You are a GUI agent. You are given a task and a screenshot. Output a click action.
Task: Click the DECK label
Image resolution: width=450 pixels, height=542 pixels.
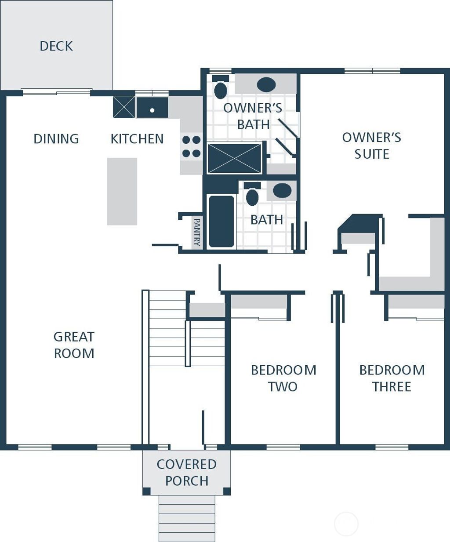[56, 46]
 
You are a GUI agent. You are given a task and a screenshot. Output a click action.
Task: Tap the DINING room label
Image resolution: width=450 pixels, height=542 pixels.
[56, 139]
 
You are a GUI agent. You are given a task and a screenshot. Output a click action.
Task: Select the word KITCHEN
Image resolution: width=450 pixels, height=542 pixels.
[137, 139]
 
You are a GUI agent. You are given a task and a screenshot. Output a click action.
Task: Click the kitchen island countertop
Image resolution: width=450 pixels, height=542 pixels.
[122, 191]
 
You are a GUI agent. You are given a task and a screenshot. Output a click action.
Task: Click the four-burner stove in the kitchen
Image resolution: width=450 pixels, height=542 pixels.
[191, 146]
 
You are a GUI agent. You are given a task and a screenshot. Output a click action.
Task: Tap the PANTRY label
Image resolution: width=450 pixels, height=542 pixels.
[197, 233]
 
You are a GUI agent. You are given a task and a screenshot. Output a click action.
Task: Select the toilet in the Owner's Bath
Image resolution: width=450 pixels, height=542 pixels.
[220, 88]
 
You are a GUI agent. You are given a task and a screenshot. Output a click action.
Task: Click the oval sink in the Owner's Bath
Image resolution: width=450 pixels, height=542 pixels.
[266, 84]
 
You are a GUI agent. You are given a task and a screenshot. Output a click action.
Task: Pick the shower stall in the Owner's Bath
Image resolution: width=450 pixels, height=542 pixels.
[234, 158]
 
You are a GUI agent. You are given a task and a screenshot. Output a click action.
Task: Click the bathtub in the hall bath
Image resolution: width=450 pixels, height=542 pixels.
[221, 221]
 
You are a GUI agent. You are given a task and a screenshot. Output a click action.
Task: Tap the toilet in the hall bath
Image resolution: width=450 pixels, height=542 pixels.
[252, 195]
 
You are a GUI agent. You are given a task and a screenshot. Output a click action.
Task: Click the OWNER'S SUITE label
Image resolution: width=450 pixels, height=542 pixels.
[372, 146]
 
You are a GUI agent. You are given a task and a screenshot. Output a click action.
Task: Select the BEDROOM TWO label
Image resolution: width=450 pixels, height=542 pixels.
[283, 378]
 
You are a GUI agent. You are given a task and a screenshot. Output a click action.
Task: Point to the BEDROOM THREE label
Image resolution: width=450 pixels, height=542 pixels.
[392, 378]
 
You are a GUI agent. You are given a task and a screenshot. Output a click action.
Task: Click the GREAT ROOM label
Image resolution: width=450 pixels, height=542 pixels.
[74, 345]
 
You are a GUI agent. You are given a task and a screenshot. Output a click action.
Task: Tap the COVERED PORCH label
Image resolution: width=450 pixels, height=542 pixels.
[187, 473]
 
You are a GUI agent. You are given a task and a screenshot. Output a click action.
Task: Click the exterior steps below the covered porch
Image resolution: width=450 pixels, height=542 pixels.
[187, 519]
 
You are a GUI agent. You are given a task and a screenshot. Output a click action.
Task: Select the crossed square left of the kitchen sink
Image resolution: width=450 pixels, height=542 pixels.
[123, 107]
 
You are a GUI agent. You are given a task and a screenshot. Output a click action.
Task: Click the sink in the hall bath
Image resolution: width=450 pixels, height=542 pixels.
[282, 190]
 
